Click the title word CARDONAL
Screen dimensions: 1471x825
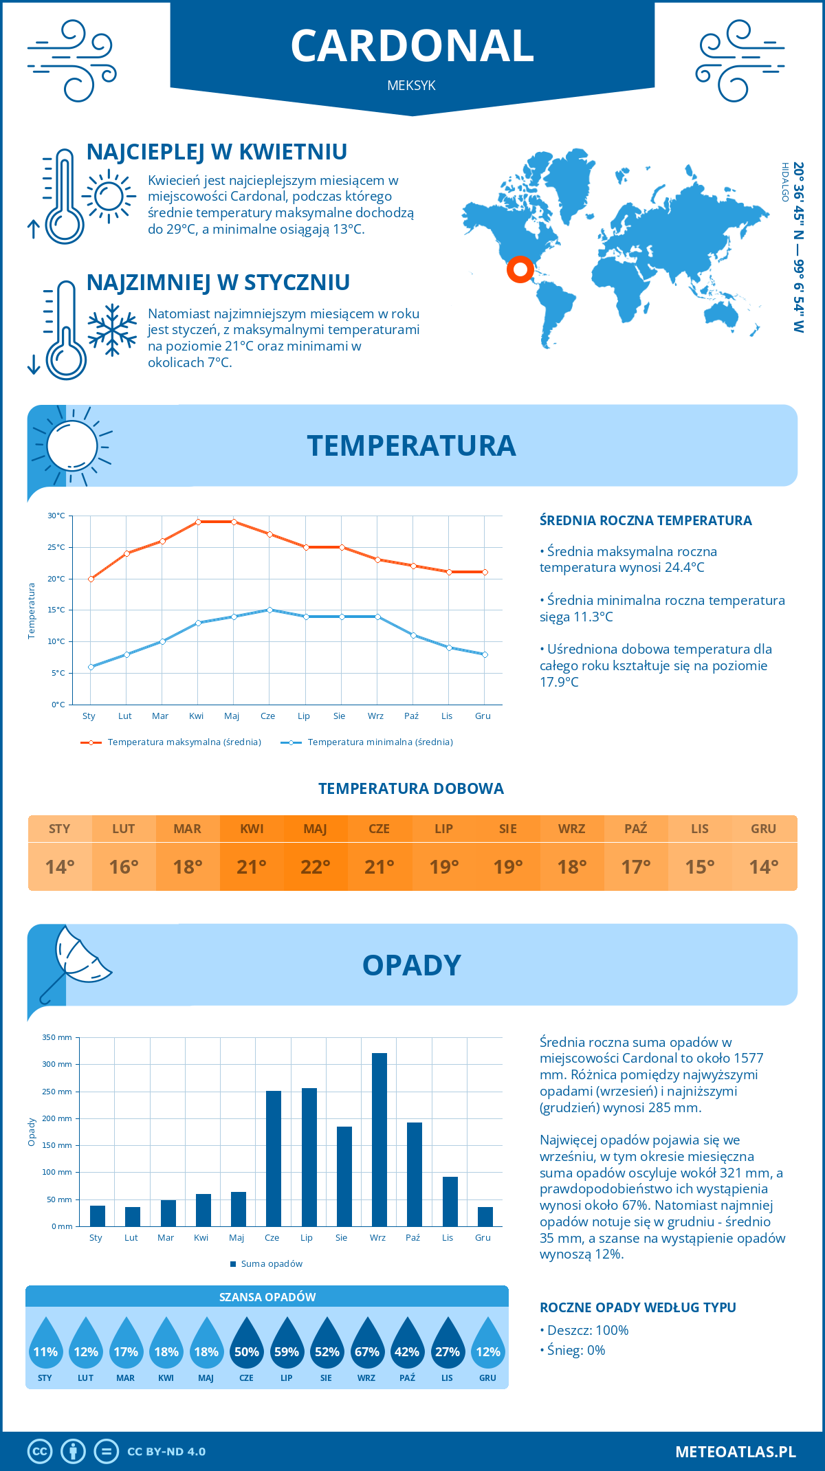pos(412,46)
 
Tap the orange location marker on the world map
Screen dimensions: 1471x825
pos(520,269)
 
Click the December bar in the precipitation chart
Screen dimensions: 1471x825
pos(485,1217)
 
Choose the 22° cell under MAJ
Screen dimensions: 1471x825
pos(316,867)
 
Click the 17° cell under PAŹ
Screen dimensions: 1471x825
pos(636,867)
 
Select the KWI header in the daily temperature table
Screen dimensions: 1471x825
pos(252,829)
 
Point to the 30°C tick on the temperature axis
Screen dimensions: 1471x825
pos(56,516)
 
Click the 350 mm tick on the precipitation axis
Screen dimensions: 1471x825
pos(57,1037)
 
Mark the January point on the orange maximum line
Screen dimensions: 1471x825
pos(91,579)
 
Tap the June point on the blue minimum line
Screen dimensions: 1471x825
pos(269,610)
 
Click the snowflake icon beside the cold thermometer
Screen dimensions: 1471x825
pos(112,330)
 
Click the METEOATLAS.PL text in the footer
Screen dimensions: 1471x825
pos(736,1452)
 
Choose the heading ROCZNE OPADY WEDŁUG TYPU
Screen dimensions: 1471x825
pos(637,1307)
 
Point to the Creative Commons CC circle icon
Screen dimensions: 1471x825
pos(40,1452)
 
